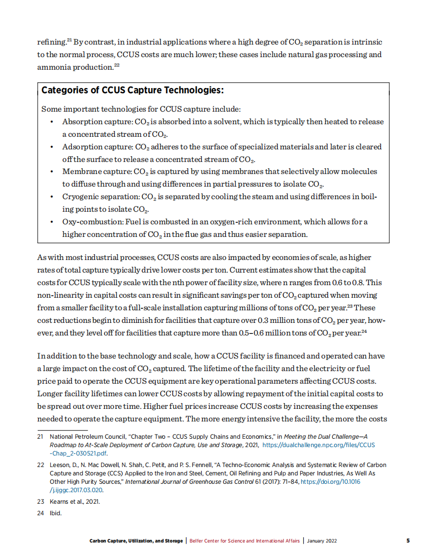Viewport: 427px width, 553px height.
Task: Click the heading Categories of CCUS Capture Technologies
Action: pyautogui.click(x=133, y=90)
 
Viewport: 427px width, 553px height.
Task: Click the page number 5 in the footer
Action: pyautogui.click(x=408, y=540)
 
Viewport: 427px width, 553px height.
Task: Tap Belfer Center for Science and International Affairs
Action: pyautogui.click(x=244, y=540)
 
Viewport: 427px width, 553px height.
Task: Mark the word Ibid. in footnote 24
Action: pyautogui.click(x=56, y=513)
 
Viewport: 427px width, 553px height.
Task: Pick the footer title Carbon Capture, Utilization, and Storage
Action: pyautogui.click(x=136, y=540)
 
